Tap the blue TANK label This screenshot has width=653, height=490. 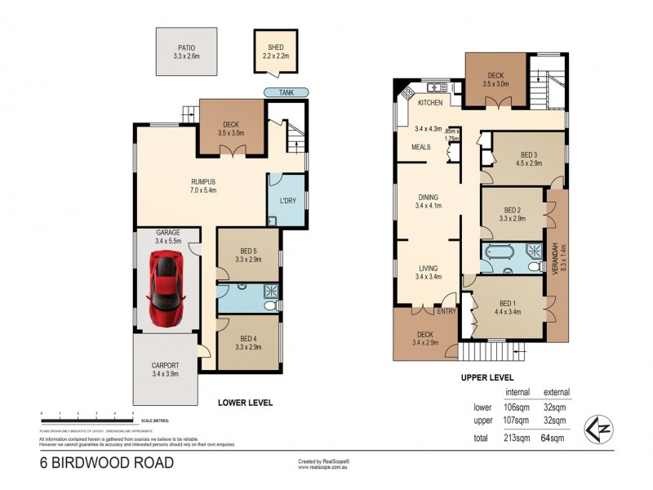coord(286,92)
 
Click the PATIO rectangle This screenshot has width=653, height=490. coord(188,52)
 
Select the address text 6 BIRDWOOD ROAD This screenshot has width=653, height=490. coord(107,463)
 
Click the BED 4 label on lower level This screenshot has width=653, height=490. coord(248,339)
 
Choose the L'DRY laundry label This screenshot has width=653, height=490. coord(287,200)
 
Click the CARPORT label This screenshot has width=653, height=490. coord(166,365)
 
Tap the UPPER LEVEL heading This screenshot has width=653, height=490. coord(488,377)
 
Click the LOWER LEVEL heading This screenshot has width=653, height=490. coord(245,403)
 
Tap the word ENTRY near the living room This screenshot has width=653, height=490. coord(447,310)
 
